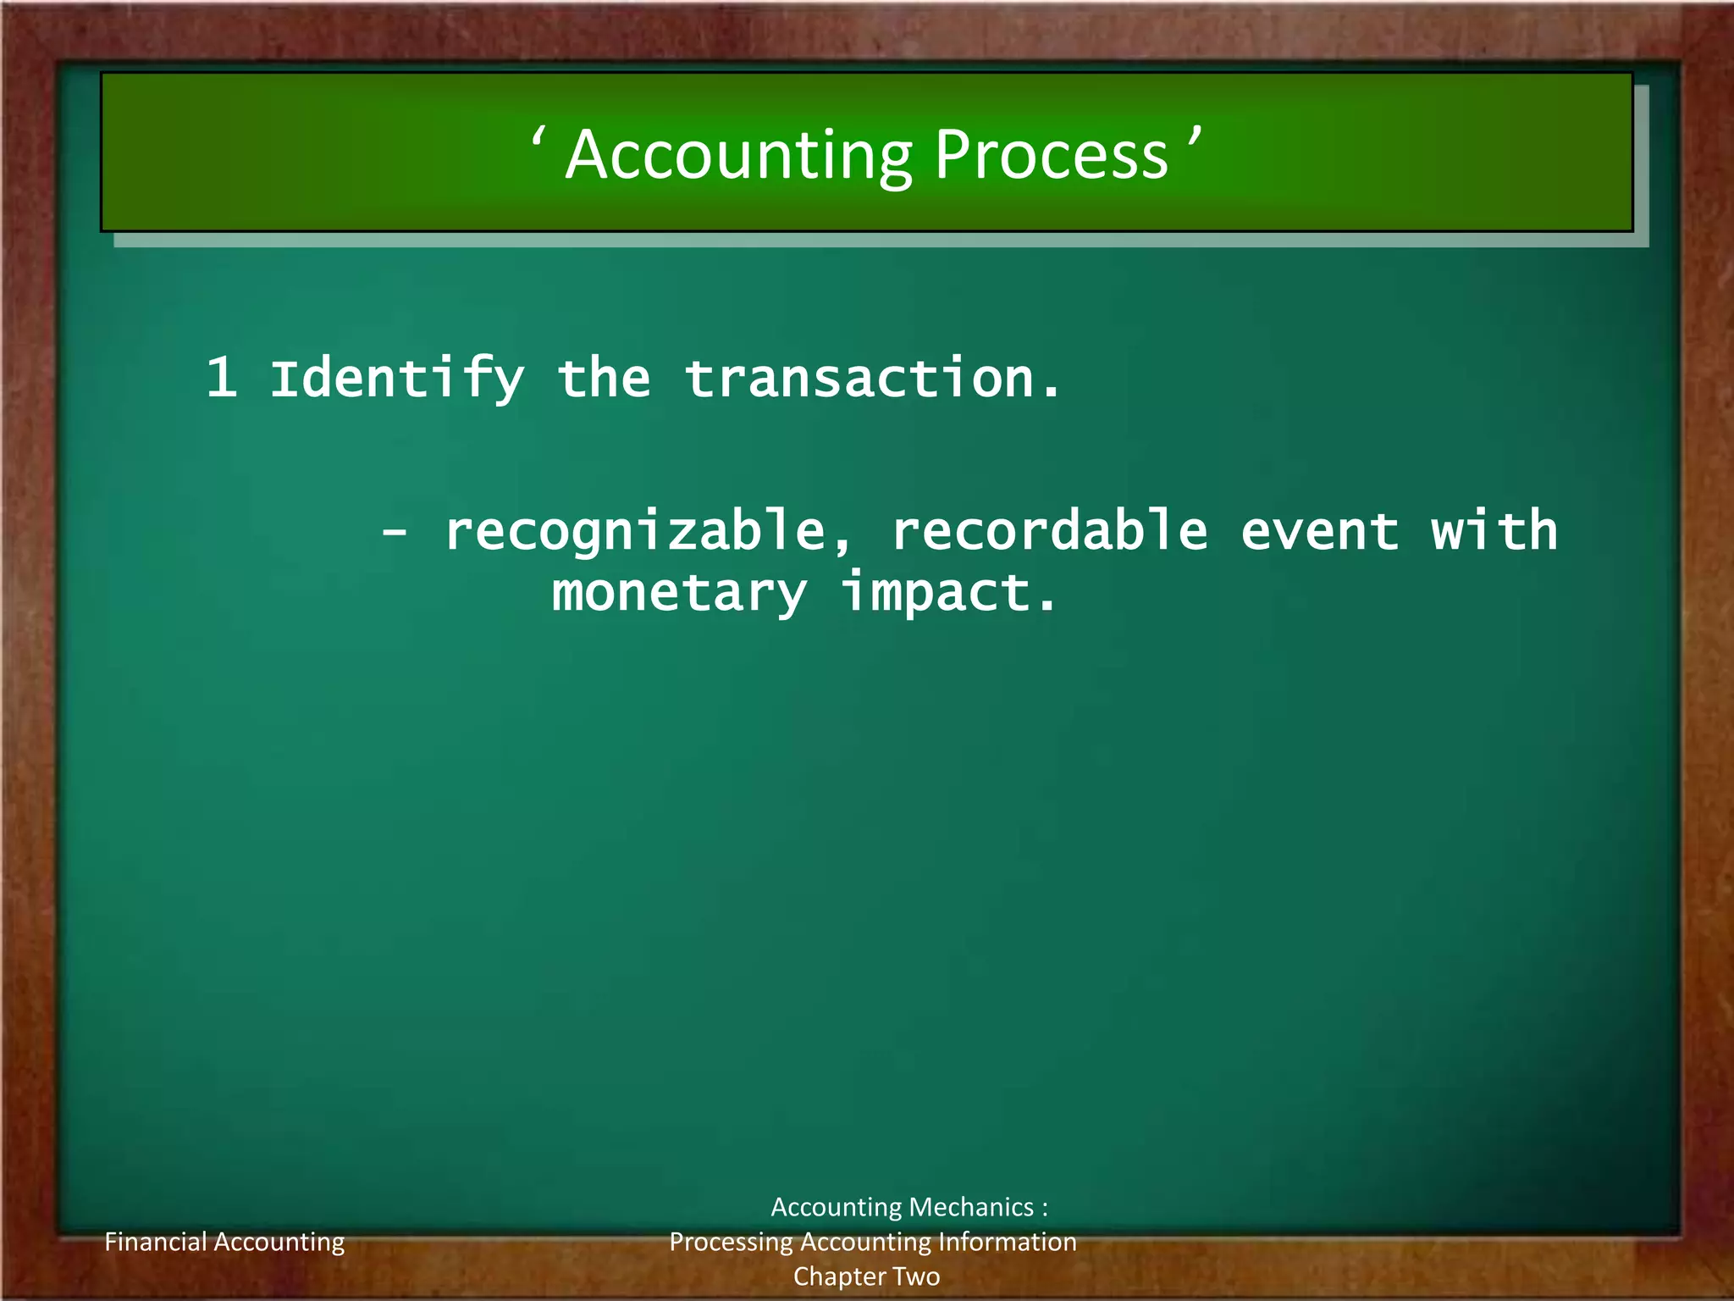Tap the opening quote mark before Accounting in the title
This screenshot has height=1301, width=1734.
[x=538, y=136]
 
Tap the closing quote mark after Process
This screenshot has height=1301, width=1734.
[x=1194, y=136]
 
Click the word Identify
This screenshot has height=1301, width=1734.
[x=397, y=379]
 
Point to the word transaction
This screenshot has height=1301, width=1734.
[x=872, y=379]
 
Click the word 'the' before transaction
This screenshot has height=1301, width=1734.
[x=604, y=379]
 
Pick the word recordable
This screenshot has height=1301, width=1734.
[x=1050, y=532]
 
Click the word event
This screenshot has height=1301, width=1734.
[x=1319, y=532]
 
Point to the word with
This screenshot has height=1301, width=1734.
[x=1494, y=532]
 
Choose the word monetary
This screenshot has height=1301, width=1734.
[x=679, y=593]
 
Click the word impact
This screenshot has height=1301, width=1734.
[x=948, y=593]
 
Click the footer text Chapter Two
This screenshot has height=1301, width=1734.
[x=866, y=1276]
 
